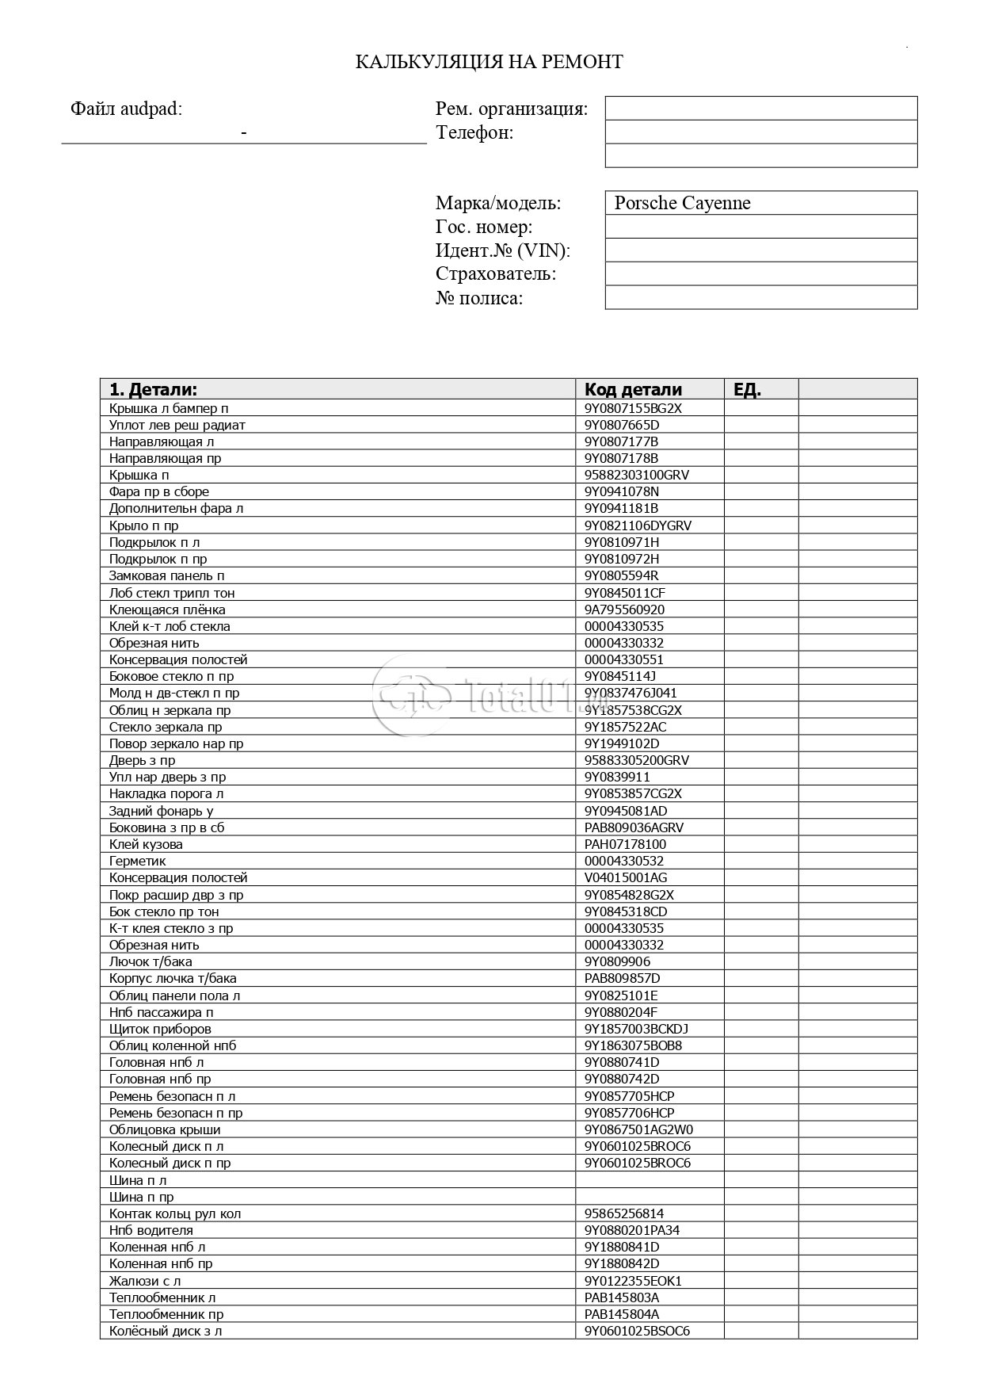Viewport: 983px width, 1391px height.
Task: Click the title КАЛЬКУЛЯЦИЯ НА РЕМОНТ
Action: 489,62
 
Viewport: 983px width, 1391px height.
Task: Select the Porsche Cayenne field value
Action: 682,203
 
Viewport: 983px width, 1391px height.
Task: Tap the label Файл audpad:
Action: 127,109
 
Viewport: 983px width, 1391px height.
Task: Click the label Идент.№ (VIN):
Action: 503,250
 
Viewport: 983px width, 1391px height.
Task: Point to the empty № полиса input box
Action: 760,298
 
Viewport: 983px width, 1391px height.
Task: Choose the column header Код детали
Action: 633,389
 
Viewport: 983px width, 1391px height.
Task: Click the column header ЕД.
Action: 747,389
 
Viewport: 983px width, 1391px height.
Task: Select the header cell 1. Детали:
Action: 153,389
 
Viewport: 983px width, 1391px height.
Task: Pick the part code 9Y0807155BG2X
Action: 633,408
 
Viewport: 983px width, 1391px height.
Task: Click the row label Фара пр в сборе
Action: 159,491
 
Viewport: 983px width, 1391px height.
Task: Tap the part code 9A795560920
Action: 624,610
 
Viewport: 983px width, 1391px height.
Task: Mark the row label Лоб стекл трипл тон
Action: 172,593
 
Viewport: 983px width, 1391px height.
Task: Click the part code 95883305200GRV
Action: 637,760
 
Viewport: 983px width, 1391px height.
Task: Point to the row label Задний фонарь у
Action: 161,811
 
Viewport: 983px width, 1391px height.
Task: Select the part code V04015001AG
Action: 626,877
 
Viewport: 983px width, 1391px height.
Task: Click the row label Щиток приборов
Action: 160,1029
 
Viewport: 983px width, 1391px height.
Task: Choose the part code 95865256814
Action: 624,1213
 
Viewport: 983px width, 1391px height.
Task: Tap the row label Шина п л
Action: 138,1180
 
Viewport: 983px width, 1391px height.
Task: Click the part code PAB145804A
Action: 622,1314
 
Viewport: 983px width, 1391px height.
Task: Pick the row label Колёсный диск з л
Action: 166,1331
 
